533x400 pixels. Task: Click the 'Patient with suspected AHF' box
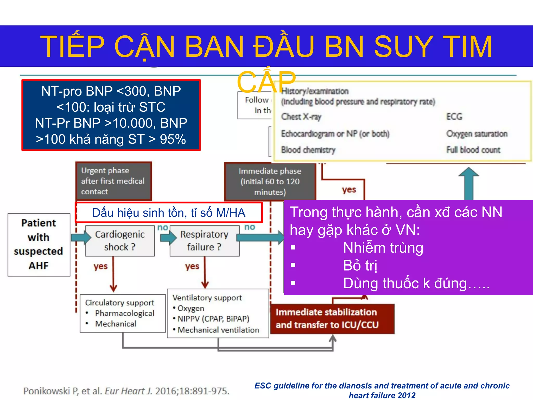pos(39,245)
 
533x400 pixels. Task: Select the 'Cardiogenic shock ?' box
pos(120,241)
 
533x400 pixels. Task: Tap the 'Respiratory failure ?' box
pos(204,241)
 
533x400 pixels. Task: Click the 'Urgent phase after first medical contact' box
pos(113,181)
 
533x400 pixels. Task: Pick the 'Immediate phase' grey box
pos(270,182)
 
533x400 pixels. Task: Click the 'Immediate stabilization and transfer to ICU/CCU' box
pos(332,319)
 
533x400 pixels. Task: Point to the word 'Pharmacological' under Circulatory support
pos(125,313)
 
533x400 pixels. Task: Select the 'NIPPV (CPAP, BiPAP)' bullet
pos(213,319)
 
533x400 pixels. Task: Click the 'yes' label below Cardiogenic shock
pos(101,266)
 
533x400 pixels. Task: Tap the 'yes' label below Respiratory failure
pos(192,266)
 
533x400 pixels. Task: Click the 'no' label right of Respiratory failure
pos(250,227)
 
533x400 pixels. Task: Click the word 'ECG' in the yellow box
pos(454,116)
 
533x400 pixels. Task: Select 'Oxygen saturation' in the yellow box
pos(477,134)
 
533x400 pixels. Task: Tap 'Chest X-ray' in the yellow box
pos(301,117)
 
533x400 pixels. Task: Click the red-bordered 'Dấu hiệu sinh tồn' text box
pos(169,213)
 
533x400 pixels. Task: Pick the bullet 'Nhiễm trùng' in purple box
pos(383,248)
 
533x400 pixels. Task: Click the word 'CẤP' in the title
pos(266,82)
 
